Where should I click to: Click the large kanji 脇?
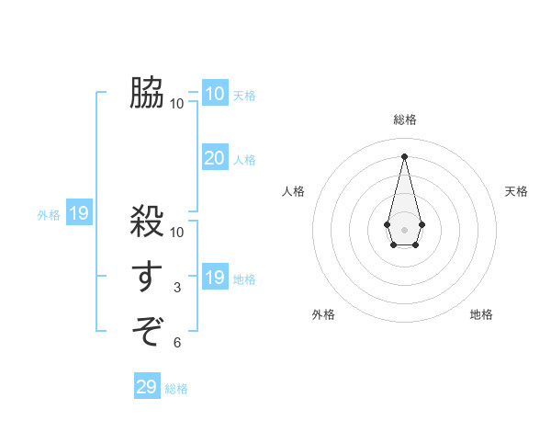tap(147, 93)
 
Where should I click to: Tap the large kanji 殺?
tap(147, 222)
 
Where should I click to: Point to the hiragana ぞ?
tap(147, 329)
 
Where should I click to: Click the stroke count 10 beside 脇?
tap(177, 103)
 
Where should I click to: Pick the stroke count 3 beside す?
tap(177, 288)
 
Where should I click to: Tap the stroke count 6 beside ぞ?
tap(177, 343)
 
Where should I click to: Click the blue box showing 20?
tap(214, 158)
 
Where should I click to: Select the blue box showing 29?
tap(146, 387)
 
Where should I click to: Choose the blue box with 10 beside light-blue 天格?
tap(214, 94)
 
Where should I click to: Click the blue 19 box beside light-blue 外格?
tap(79, 214)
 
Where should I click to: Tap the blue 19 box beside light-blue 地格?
tap(214, 278)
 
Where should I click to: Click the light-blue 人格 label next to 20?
tap(244, 160)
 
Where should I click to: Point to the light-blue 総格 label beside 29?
tap(176, 389)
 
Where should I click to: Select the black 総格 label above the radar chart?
tap(405, 119)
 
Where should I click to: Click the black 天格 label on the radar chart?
tap(517, 191)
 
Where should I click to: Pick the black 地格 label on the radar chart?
tap(481, 314)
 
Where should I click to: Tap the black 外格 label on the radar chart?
tap(323, 314)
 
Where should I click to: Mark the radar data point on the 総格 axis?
tap(405, 155)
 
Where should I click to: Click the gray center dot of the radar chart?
tap(405, 229)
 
